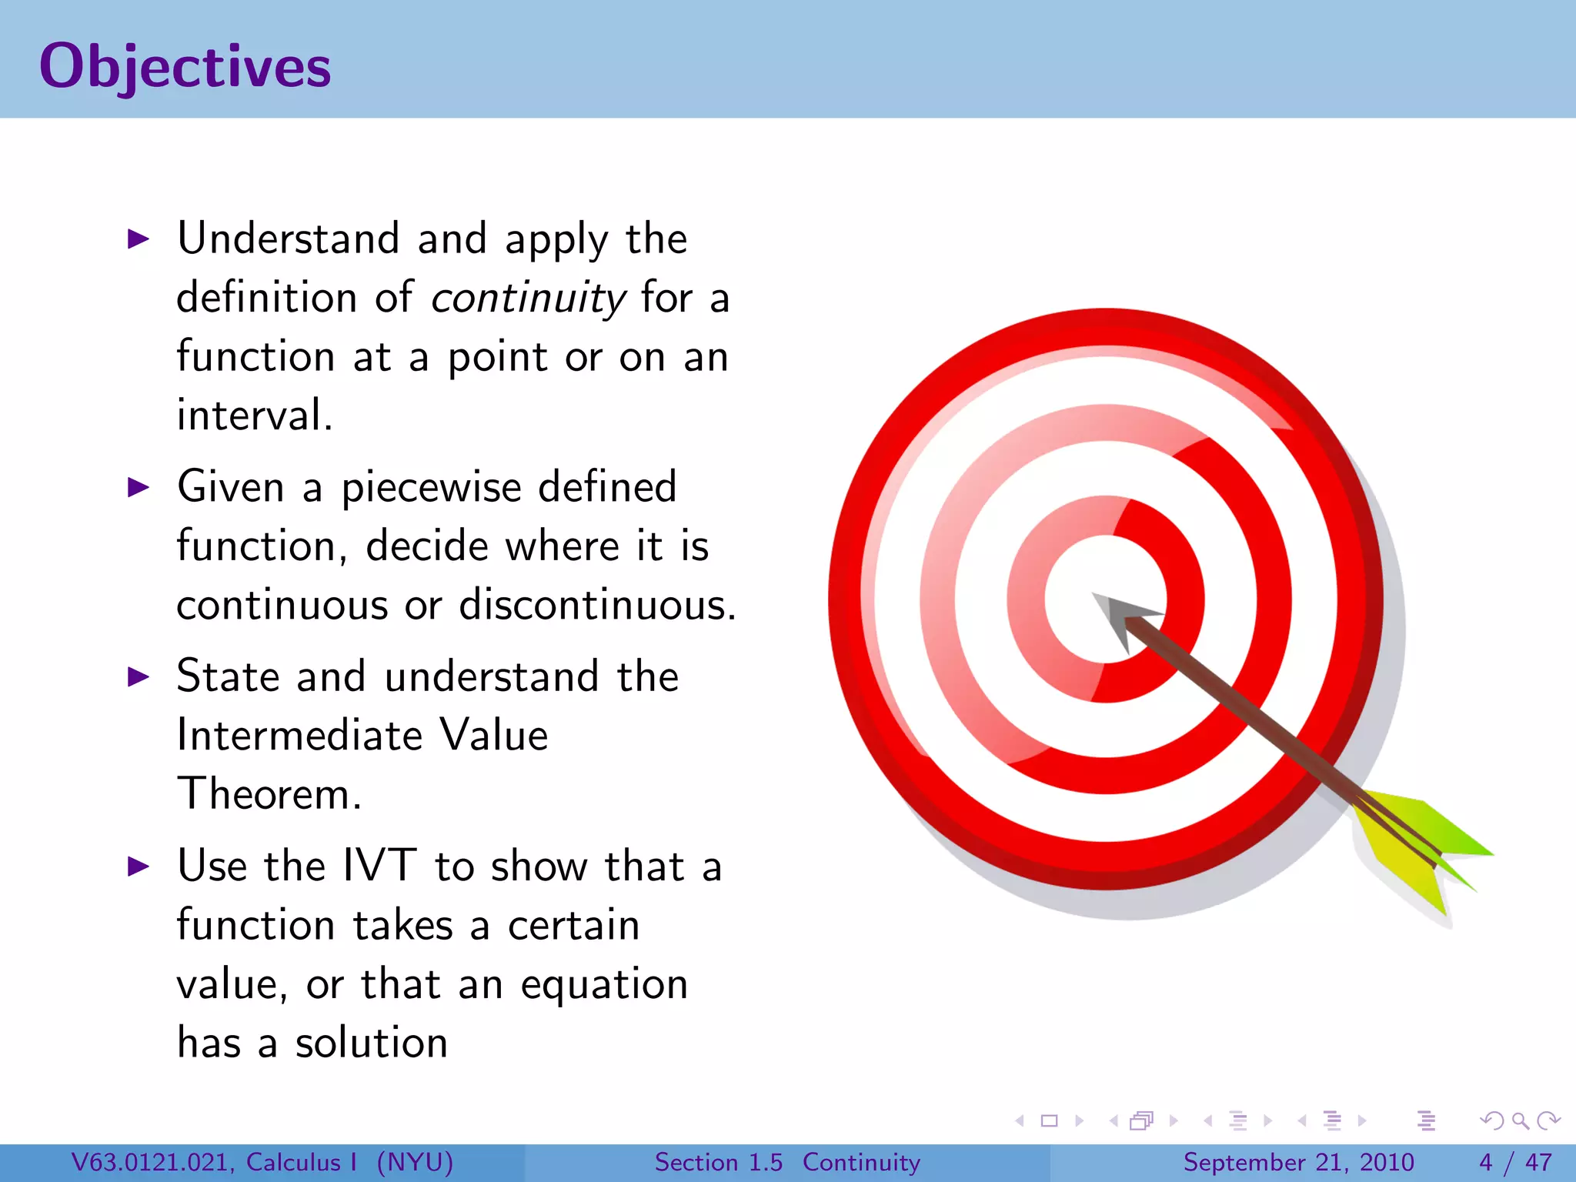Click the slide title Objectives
coord(185,68)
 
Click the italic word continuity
coord(529,299)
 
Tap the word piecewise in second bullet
coord(431,488)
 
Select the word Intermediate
coord(299,735)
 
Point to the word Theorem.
coord(269,794)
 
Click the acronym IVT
coord(379,866)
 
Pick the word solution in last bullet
coord(371,1043)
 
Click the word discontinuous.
coord(597,605)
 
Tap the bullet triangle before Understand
coord(139,239)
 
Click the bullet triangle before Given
coord(139,488)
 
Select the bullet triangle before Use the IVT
coord(139,866)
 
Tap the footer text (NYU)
coord(415,1162)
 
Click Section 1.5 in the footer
coord(718,1162)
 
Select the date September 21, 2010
coord(1298,1162)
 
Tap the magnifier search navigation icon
coord(1520,1121)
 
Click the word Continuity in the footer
coord(861,1162)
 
